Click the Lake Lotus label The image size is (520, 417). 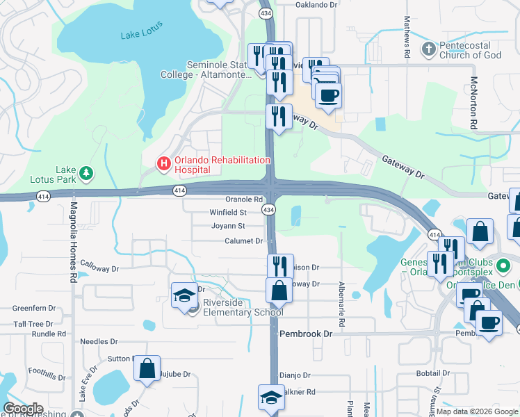click(141, 29)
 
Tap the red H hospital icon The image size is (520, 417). click(163, 164)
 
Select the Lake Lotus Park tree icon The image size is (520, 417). click(86, 173)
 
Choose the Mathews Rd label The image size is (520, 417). click(408, 32)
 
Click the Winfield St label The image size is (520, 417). click(228, 212)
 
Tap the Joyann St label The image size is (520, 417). click(228, 226)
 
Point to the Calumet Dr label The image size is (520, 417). click(243, 241)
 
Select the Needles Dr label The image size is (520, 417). click(99, 341)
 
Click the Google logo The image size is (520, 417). click(23, 409)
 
